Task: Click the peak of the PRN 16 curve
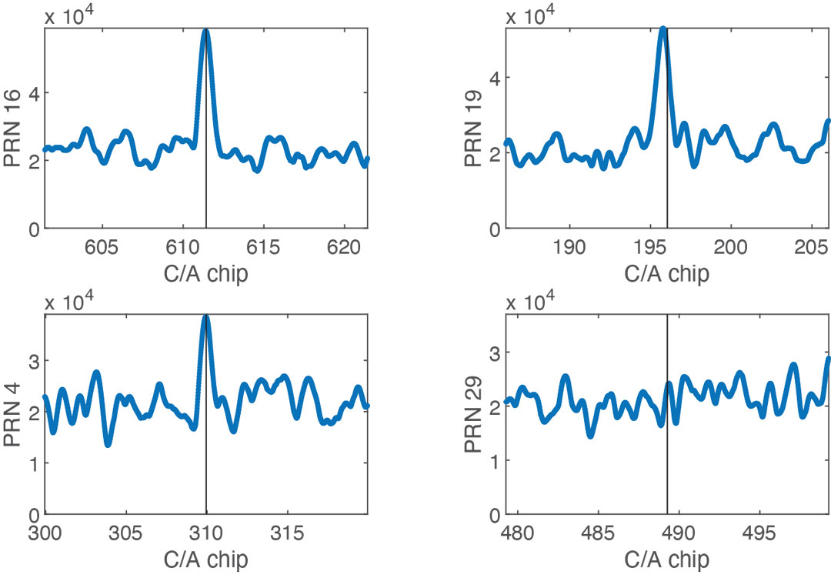pyautogui.click(x=205, y=31)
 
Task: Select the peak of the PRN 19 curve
pyautogui.click(x=662, y=29)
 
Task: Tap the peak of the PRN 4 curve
pyautogui.click(x=205, y=316)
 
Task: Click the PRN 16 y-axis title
pyautogui.click(x=13, y=129)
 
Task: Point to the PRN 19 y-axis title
pyautogui.click(x=475, y=128)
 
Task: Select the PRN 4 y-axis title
pyautogui.click(x=13, y=415)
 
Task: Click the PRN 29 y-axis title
pyautogui.click(x=475, y=415)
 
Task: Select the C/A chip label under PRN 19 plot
pyautogui.click(x=666, y=273)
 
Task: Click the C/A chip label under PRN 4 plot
pyautogui.click(x=205, y=559)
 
